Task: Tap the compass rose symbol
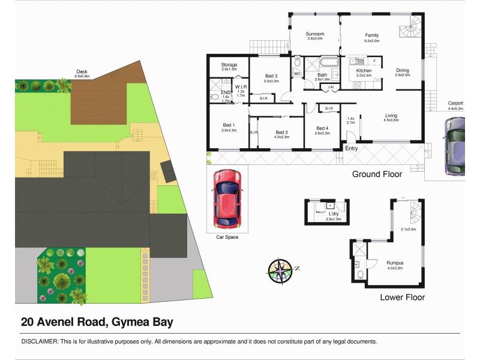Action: [280, 270]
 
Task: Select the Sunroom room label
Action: [315, 34]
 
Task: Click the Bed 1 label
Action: [227, 125]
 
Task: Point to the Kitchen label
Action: [364, 71]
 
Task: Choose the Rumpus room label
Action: [395, 262]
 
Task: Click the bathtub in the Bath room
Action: [329, 62]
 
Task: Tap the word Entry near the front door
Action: [351, 148]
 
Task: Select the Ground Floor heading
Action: [377, 174]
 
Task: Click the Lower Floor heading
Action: [402, 297]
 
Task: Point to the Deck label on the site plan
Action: [82, 71]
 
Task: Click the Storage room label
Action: [229, 65]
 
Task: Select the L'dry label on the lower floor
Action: [334, 214]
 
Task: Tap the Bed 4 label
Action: [322, 128]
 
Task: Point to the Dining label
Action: [402, 71]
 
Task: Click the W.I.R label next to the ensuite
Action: [241, 86]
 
